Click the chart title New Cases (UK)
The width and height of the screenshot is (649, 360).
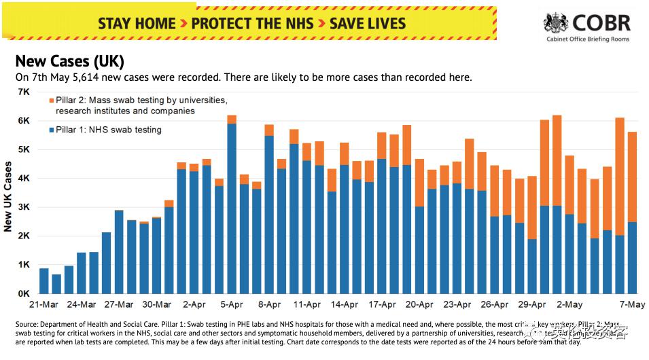click(x=69, y=61)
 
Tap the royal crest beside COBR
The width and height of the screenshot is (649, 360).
click(x=556, y=24)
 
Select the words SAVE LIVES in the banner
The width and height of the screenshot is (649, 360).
click(x=368, y=23)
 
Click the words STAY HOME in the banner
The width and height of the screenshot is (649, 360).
click(x=137, y=23)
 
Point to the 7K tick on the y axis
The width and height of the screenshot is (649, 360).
click(x=24, y=92)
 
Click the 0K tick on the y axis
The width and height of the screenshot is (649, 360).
click(x=24, y=293)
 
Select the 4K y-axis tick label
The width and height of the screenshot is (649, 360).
click(x=24, y=178)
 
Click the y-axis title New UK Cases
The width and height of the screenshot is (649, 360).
click(x=8, y=196)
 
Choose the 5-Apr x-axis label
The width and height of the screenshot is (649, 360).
click(x=232, y=305)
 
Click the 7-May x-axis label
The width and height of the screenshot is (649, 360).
click(x=632, y=305)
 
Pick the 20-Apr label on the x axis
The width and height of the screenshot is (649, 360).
click(x=419, y=305)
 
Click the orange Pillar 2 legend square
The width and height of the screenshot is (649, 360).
click(x=51, y=101)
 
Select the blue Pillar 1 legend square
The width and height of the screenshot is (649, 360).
click(x=51, y=130)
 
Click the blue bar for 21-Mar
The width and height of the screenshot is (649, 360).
click(x=44, y=281)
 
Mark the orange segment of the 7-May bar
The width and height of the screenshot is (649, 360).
click(x=632, y=177)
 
